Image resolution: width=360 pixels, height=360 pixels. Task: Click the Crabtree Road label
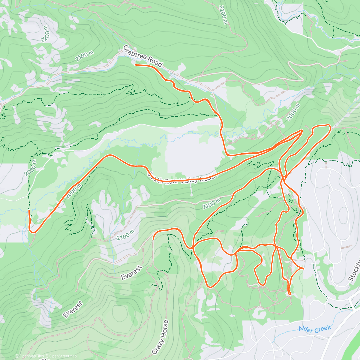[x=143, y=56]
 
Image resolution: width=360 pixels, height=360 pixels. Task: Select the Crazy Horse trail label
[x=160, y=337]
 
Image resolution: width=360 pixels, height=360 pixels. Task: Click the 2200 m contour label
[x=46, y=34]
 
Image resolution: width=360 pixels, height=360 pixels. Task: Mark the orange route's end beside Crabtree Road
[x=136, y=65]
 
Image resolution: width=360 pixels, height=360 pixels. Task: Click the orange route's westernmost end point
[x=29, y=211]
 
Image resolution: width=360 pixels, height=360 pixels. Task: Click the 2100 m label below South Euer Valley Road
[x=211, y=204]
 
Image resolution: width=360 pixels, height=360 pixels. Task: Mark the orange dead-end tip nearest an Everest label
[x=153, y=239]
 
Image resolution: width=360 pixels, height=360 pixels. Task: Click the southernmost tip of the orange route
[x=289, y=295]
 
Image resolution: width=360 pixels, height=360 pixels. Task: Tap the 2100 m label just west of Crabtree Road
[x=84, y=56]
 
